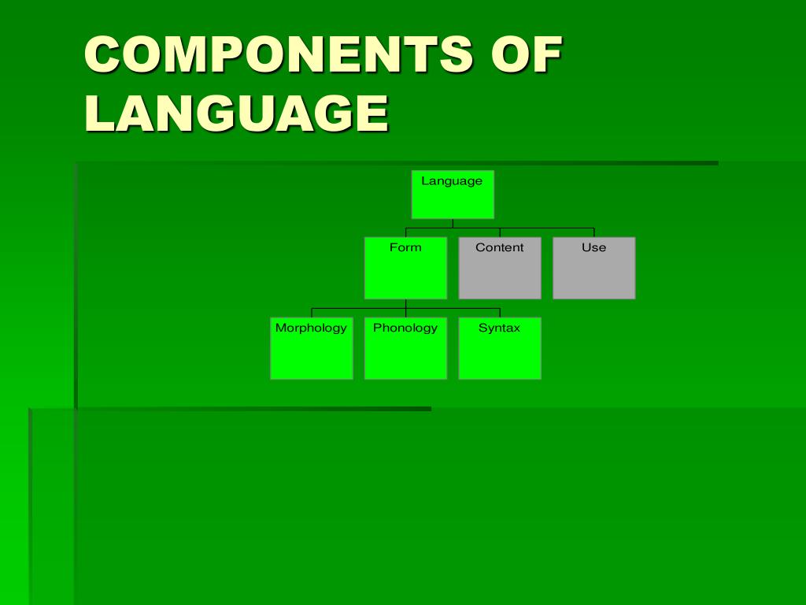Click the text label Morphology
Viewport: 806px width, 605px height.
point(311,328)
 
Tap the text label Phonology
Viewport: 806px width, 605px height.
point(405,328)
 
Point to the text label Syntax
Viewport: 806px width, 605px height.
point(499,328)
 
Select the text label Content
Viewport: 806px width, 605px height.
point(499,247)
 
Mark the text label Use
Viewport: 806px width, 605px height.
point(593,247)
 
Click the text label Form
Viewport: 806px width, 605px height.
point(405,247)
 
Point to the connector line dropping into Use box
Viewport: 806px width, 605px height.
point(593,232)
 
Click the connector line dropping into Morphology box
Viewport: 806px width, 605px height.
point(312,313)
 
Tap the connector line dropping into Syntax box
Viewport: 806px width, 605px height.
point(500,313)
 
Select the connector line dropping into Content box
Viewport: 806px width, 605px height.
point(500,232)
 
